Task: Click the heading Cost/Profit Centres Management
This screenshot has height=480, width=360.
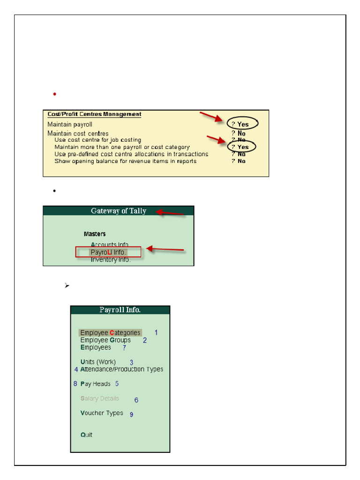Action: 94,114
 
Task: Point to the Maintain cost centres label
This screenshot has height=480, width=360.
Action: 78,134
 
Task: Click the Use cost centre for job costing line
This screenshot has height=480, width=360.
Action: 97,140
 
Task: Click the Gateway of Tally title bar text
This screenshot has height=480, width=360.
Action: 119,211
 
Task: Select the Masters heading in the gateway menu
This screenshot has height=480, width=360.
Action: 95,234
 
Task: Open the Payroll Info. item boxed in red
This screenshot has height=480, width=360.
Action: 108,252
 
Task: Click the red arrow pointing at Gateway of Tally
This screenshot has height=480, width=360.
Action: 170,213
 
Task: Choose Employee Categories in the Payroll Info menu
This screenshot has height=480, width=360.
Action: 110,333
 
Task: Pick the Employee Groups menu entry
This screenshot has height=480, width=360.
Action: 105,340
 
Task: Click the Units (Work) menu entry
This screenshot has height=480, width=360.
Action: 98,362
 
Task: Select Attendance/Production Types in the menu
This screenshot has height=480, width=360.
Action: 122,369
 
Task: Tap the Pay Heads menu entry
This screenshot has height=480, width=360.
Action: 96,384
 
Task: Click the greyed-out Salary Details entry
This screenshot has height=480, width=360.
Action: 100,398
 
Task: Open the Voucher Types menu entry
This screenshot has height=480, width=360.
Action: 102,413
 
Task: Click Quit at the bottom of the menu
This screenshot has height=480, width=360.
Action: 86,435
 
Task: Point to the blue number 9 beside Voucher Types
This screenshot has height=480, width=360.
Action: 132,414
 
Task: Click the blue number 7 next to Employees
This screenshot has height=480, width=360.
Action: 124,348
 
